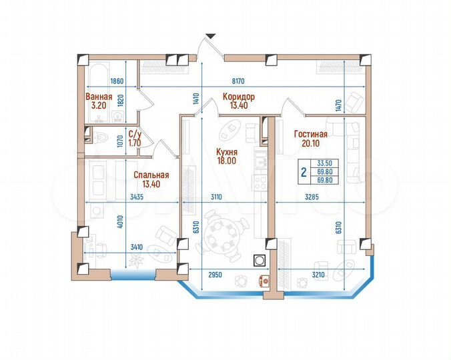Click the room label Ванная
pos(98,97)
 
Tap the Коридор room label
pos(238,97)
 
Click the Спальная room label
pos(151,175)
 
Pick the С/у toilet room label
pos(134,133)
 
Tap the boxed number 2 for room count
pos(304,173)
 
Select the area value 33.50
pos(325,163)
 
